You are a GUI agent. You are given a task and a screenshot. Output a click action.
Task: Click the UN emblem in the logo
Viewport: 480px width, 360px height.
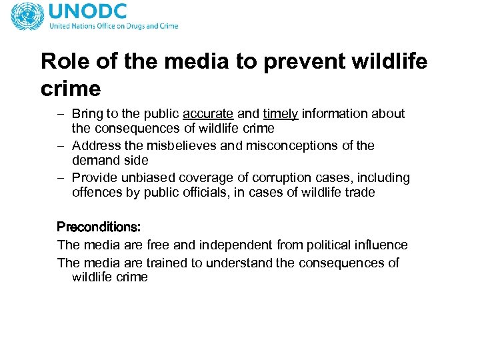point(27,16)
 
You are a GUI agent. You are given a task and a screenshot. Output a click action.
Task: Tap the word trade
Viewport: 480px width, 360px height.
point(361,193)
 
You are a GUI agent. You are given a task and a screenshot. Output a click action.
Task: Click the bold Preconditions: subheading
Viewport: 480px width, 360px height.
point(98,227)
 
